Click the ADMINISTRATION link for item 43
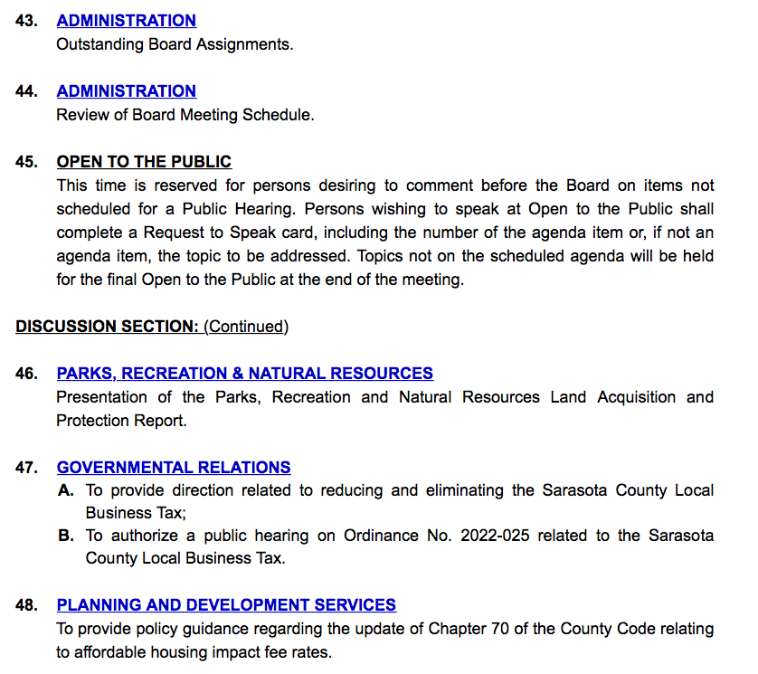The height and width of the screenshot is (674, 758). click(126, 20)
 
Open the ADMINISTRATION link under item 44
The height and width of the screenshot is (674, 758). click(126, 90)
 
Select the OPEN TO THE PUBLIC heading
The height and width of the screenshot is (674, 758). click(144, 162)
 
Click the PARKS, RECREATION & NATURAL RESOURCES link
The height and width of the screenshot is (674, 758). click(244, 373)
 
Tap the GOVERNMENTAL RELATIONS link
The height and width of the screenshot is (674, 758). click(174, 468)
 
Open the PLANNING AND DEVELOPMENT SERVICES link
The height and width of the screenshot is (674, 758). click(226, 604)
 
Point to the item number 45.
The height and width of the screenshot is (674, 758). click(26, 162)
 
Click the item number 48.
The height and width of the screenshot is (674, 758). click(26, 604)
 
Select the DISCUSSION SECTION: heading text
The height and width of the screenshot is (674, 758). click(107, 326)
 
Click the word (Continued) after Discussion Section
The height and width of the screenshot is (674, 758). click(246, 326)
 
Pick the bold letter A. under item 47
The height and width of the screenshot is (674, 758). click(65, 490)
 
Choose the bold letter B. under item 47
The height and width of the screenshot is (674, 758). click(65, 536)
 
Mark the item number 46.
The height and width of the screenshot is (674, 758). click(26, 373)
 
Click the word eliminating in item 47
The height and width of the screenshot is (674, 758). click(477, 490)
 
